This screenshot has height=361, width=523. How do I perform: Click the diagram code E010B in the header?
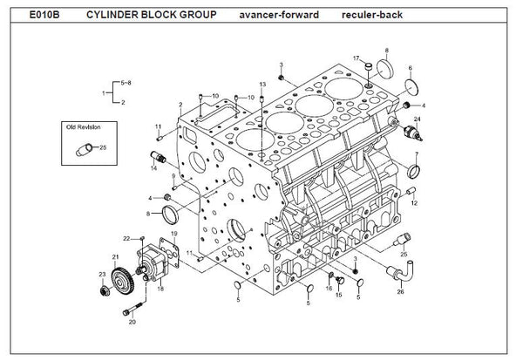coord(44,15)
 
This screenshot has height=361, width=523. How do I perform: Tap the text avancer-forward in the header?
coord(279,15)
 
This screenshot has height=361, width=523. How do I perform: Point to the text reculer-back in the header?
coord(372,15)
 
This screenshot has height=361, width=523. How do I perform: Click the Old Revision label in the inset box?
coord(83,127)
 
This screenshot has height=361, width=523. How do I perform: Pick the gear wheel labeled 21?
coord(123,281)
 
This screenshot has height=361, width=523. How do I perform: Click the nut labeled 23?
coord(105,290)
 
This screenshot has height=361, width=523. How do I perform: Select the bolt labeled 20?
coord(133,309)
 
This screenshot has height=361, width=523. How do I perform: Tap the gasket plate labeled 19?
coord(169,252)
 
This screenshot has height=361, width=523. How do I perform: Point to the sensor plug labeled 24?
coord(413,133)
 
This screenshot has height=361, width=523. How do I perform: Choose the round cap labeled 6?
coord(412,87)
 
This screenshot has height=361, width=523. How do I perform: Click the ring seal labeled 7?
coord(413,172)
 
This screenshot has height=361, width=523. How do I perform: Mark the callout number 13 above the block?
coord(262,85)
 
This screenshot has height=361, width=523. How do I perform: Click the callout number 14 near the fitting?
coord(153,168)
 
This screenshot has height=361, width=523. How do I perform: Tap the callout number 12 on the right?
coord(414,203)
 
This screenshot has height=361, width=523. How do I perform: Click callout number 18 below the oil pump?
coord(160,289)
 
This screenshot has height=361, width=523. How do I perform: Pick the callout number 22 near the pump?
coord(126,239)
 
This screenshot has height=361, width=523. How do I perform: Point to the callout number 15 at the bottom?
coord(338,295)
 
